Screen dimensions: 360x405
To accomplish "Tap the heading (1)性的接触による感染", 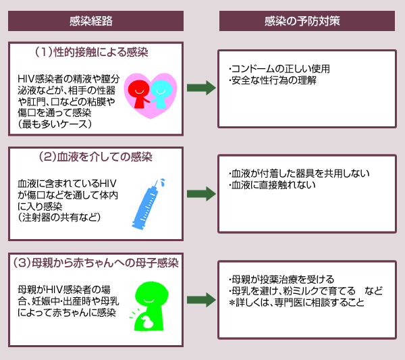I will point(91,51).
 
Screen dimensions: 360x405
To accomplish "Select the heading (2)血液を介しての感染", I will point(96,157).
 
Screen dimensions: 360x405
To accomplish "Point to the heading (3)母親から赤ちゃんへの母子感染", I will point(96,263).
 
